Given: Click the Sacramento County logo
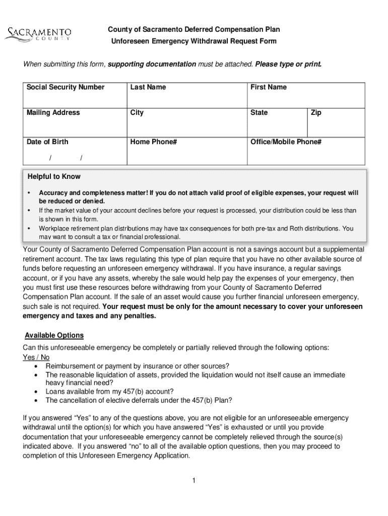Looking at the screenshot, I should [38, 34].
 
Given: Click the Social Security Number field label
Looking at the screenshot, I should [66, 87].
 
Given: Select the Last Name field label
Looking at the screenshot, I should [148, 87].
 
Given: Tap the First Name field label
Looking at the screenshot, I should [268, 87].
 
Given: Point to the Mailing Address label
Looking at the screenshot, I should [53, 112].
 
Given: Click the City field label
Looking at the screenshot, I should [137, 112].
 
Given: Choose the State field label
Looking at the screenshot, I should [259, 112].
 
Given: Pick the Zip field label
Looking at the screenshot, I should [316, 112].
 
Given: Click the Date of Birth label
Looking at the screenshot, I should [47, 142].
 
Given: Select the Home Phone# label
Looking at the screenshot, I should [153, 142].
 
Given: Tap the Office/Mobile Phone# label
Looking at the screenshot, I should [286, 142].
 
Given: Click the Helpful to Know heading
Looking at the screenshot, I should [54, 176].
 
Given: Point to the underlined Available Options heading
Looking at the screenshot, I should [54, 335].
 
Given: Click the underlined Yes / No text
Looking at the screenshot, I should [36, 357].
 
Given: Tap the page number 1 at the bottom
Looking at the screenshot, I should [193, 480].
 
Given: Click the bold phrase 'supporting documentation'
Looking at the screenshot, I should [152, 64].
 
